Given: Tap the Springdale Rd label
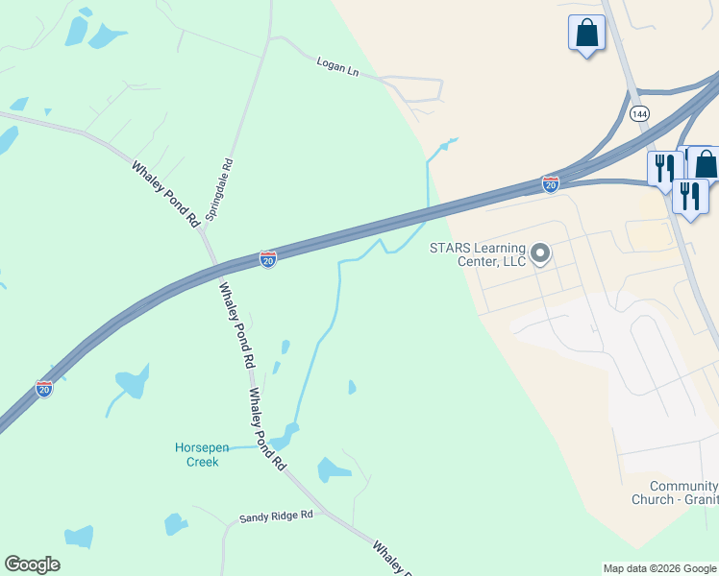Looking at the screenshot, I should [x=220, y=187].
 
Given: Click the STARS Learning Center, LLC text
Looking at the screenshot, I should [x=478, y=254].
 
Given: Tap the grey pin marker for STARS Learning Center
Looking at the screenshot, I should [x=540, y=254].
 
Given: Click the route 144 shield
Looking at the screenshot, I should [x=639, y=113].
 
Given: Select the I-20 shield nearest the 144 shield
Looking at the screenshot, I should [x=551, y=183].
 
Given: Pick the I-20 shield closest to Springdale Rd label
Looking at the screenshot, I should [x=268, y=260].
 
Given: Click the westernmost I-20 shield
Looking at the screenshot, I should [x=44, y=389].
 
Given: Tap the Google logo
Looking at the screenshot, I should [x=32, y=564].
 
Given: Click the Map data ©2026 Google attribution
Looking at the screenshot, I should [x=659, y=568].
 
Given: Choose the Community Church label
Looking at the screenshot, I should [x=674, y=492].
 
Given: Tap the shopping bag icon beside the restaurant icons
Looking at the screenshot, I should [x=706, y=164].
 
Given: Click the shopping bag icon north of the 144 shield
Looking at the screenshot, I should [x=586, y=34].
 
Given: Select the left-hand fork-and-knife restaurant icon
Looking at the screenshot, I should [x=664, y=169].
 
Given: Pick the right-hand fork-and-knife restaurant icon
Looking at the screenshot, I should [x=689, y=197].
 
